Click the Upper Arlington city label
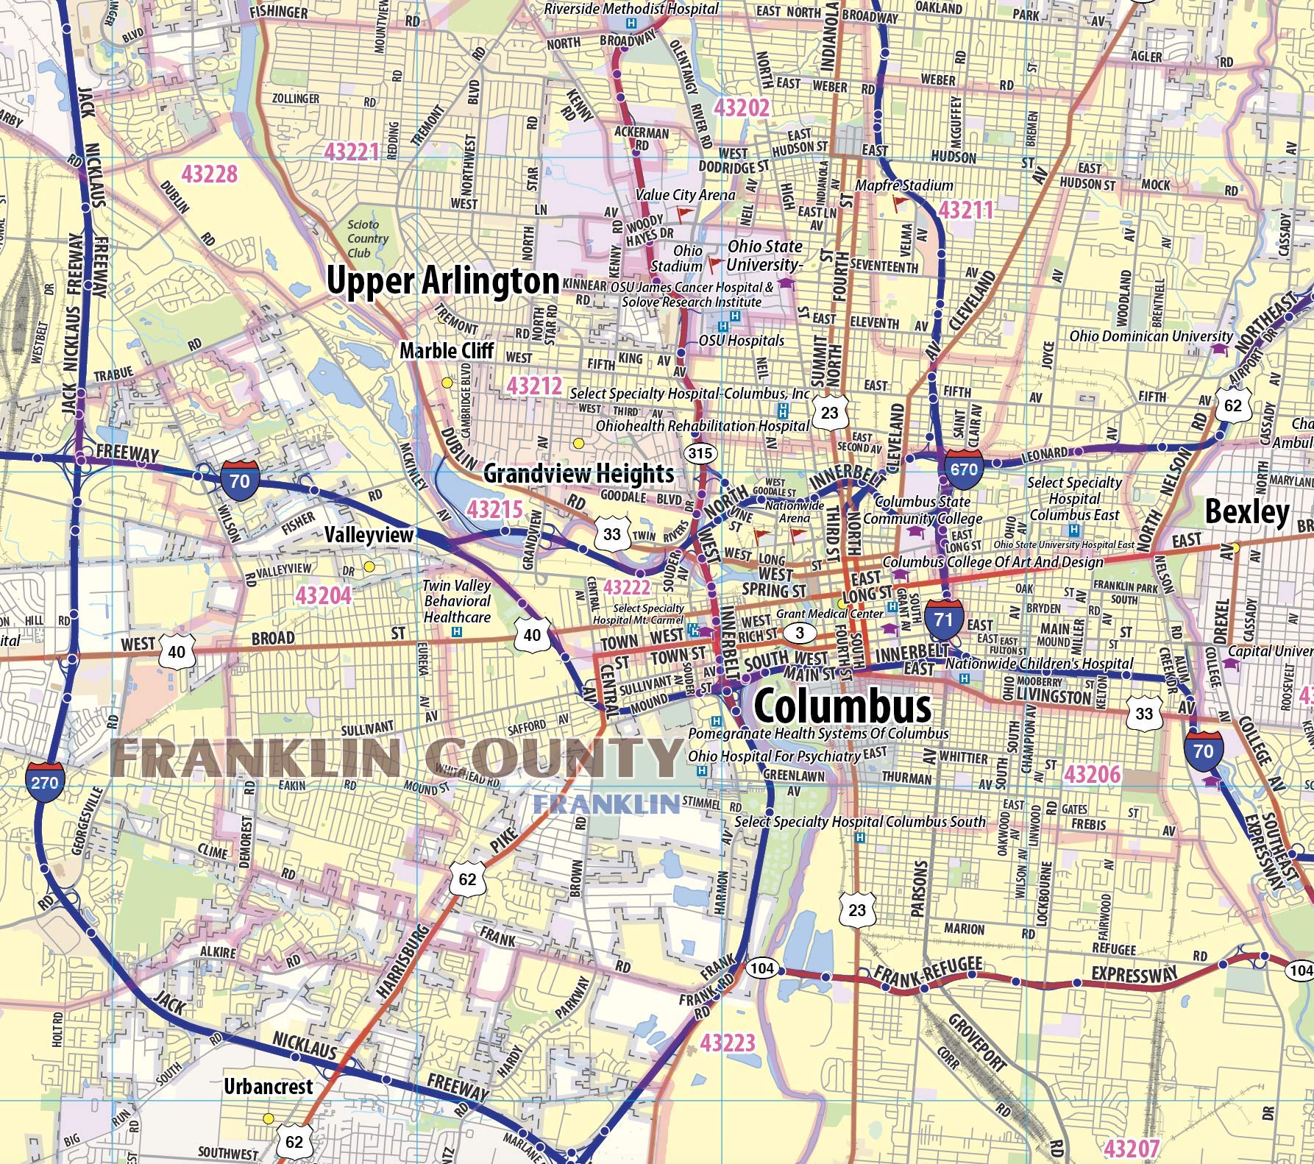(443, 282)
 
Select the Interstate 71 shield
(943, 619)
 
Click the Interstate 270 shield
(45, 781)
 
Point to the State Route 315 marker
(700, 453)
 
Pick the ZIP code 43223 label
(728, 1043)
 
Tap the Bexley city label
(1246, 512)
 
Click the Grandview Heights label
(578, 474)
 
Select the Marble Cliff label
(447, 351)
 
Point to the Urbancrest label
(268, 1086)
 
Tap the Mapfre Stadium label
(903, 185)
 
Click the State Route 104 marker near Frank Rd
(761, 968)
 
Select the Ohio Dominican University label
(1140, 336)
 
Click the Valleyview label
(370, 535)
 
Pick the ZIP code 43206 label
(1093, 774)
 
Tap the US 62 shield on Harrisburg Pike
(467, 879)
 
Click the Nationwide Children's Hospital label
(1039, 663)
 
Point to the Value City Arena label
(685, 195)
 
